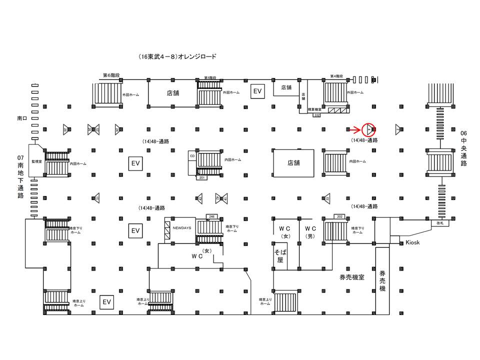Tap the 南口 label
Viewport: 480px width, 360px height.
(x=21, y=119)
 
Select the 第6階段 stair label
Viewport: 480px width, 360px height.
(x=111, y=75)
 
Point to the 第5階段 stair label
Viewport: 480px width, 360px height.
(x=210, y=78)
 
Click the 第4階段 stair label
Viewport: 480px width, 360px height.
(x=337, y=76)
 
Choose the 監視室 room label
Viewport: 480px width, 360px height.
(x=35, y=161)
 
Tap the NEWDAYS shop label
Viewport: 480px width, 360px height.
(x=182, y=227)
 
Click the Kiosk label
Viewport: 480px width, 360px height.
(x=413, y=242)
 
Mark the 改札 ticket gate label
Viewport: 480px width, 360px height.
(x=440, y=223)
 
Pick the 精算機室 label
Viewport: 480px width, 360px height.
(x=314, y=108)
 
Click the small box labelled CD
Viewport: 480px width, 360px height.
(x=192, y=156)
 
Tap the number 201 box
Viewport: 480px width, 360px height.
(x=202, y=177)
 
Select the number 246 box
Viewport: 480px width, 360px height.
(x=211, y=216)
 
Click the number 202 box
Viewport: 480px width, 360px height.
(x=340, y=216)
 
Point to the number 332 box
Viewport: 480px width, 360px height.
(x=316, y=115)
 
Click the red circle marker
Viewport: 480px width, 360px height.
(x=368, y=129)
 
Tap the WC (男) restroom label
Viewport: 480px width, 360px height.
(x=310, y=232)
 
